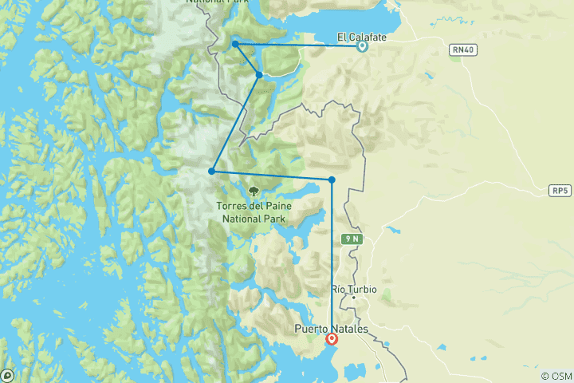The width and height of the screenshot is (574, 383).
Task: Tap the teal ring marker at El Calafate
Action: pos(362,46)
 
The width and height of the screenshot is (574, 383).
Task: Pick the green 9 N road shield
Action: pos(352,239)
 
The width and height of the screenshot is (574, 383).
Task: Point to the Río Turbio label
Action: pos(353,289)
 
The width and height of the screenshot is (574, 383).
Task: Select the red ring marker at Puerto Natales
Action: pos(332,339)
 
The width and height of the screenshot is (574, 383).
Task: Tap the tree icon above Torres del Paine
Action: pos(254,191)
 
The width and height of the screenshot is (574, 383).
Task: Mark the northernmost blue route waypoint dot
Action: pos(235,44)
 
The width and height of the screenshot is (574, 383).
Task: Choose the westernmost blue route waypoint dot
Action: pos(211,171)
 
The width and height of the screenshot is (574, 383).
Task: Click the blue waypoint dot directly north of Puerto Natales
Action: pos(332,180)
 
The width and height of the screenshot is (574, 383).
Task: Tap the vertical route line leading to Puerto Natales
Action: pos(332,255)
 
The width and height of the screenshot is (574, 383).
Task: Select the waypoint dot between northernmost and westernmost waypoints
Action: pos(259,75)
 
